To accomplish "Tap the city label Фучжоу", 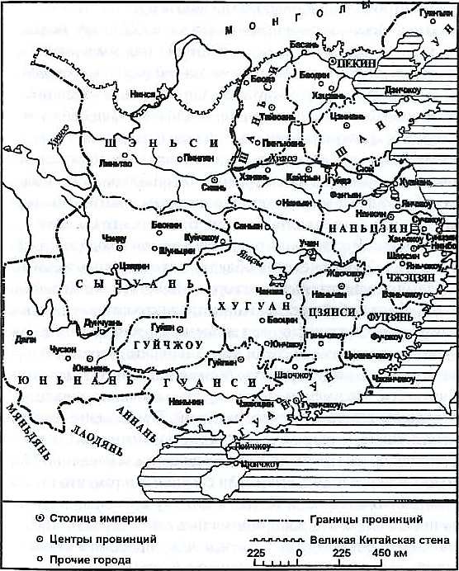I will (x=386, y=337).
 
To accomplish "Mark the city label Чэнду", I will (x=112, y=238).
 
